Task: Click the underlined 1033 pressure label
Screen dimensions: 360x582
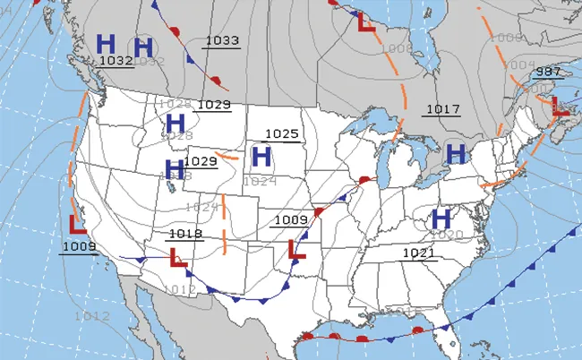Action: coord(222,40)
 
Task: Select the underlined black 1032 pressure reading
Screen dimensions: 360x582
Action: coord(116,61)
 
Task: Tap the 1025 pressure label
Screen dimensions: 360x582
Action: coord(281,134)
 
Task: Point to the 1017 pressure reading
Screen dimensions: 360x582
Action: coord(442,109)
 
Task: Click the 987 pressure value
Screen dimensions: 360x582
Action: coord(547,72)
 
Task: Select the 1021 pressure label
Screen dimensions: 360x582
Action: coord(418,253)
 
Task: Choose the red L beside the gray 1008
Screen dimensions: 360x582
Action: coord(366,23)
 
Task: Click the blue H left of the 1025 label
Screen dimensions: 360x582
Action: coord(261,157)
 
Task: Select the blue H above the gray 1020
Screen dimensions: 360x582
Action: coord(441,218)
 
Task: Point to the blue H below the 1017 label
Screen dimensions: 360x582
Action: coord(456,153)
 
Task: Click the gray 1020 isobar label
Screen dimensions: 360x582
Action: coord(452,235)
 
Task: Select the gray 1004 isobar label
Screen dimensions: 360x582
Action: coord(517,64)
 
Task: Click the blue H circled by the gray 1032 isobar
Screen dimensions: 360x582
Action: coord(143,47)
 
